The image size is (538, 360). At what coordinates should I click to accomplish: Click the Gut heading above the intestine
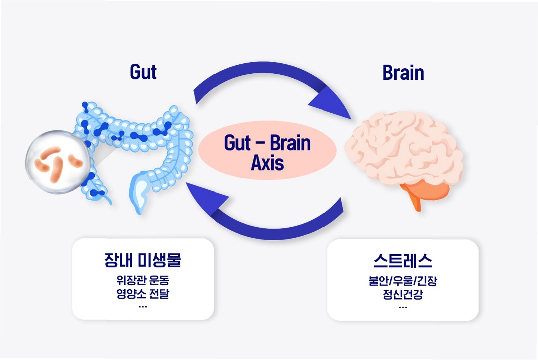pyautogui.click(x=143, y=72)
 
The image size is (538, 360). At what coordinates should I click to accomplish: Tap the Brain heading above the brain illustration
pyautogui.click(x=403, y=73)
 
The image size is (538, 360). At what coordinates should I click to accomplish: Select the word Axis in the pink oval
pyautogui.click(x=267, y=163)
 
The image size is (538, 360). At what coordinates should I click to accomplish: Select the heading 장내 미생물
pyautogui.click(x=143, y=260)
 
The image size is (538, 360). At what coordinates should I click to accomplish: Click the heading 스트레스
pyautogui.click(x=403, y=261)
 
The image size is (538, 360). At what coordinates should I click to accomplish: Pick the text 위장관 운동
pyautogui.click(x=143, y=280)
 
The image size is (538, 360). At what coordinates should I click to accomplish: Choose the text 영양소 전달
pyautogui.click(x=143, y=294)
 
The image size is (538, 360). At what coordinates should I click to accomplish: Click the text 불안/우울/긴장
pyautogui.click(x=403, y=281)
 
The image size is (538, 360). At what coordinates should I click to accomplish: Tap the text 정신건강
pyautogui.click(x=403, y=295)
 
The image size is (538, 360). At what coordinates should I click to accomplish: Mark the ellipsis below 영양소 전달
pyautogui.click(x=143, y=306)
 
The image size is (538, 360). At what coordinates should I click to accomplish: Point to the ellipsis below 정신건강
pyautogui.click(x=403, y=307)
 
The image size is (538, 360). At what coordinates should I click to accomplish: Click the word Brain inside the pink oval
pyautogui.click(x=290, y=143)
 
